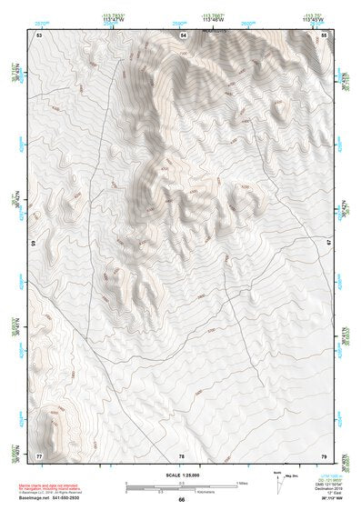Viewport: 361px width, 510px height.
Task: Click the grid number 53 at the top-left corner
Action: pos(39,35)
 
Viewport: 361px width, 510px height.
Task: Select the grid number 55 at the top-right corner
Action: pos(325,35)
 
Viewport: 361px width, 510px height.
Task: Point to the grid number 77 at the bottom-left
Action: pos(39,455)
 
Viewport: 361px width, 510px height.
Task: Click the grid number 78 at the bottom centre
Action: pos(182,455)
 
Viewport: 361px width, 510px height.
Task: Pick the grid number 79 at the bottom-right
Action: pos(325,455)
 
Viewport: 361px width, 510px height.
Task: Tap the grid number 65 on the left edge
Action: pos(35,244)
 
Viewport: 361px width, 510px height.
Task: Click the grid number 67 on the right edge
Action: pos(329,244)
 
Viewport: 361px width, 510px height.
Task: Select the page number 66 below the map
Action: pos(182,499)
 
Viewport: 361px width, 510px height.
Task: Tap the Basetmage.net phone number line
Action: pos(55,498)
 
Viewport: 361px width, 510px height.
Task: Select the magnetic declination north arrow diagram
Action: pos(277,482)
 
